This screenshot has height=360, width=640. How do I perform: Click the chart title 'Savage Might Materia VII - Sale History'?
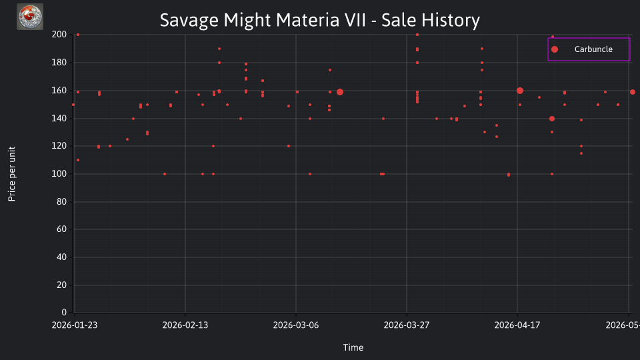coord(319,20)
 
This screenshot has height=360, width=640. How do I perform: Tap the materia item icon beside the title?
coord(30,17)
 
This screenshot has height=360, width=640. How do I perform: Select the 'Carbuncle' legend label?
coord(593,49)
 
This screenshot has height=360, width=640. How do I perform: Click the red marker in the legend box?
coord(555,49)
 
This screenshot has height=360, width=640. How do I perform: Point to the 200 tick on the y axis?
coord(59,35)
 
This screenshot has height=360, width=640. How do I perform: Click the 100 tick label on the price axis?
coord(59,174)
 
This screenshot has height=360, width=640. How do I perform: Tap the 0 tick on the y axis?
coord(64,313)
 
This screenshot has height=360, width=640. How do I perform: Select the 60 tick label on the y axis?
coord(61,229)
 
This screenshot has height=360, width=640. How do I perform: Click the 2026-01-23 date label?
coord(75,325)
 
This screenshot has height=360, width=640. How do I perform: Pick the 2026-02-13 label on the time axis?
coord(185,325)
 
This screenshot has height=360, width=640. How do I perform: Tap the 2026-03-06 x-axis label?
coord(296,325)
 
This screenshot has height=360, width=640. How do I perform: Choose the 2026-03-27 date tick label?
coord(407,325)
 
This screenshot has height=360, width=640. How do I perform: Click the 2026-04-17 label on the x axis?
coord(517,325)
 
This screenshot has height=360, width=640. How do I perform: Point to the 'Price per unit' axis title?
coord(12,174)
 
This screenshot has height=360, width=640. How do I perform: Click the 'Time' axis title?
coord(353,348)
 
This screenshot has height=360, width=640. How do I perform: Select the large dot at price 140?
coord(552,119)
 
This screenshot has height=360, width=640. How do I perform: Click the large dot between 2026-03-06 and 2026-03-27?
coord(340,92)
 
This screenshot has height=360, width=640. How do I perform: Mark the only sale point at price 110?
coord(78,160)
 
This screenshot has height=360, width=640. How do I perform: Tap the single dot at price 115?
coord(581,153)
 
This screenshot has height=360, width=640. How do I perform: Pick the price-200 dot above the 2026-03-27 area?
coord(417,35)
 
